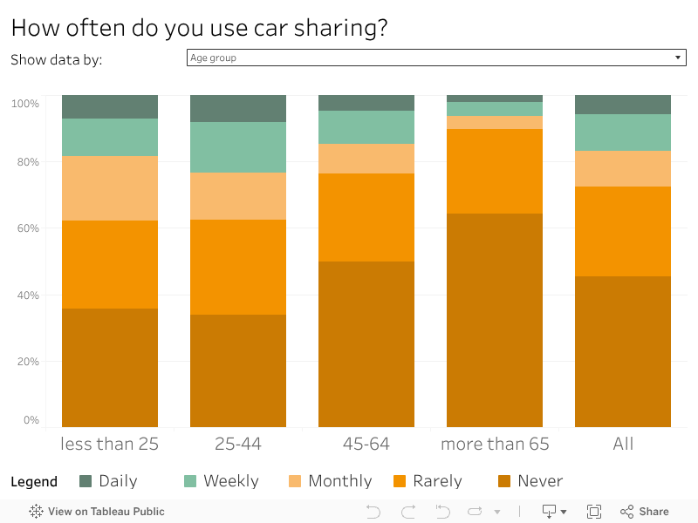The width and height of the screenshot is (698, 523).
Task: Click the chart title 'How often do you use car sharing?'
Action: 199,28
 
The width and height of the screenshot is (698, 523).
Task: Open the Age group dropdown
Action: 436,58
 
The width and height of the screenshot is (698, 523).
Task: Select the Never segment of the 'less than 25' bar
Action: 110,367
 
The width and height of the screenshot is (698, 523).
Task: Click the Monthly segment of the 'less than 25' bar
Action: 110,188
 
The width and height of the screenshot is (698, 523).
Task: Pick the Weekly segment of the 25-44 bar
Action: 238,147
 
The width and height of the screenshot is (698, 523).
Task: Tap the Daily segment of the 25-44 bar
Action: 238,108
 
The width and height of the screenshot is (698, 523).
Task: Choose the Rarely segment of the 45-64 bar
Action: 366,217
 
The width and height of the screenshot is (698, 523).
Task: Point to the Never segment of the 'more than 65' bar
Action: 495,320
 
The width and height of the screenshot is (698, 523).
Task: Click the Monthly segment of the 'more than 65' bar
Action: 495,123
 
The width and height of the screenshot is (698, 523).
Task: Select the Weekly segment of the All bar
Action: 623,132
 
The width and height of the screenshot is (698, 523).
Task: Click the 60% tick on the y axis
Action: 24,228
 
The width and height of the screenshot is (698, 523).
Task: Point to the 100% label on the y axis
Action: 24,104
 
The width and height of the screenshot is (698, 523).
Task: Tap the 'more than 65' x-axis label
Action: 495,444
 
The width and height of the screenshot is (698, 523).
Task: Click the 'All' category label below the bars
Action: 623,444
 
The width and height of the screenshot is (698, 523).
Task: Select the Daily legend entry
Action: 108,481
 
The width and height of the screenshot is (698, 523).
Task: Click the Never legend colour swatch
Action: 504,481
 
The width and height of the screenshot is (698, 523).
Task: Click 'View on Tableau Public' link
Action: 97,512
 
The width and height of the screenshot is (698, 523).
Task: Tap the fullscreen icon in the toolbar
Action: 594,512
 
